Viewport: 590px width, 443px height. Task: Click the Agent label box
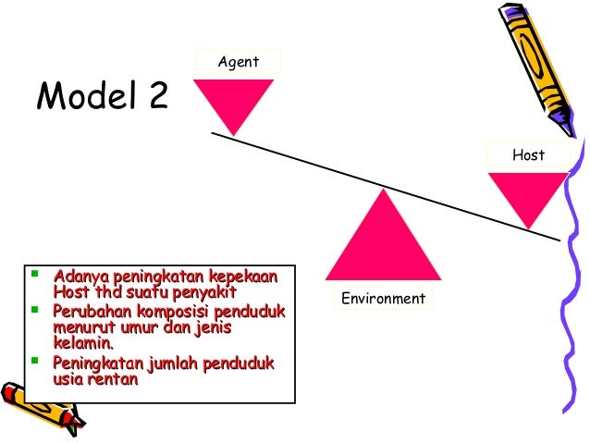click(x=238, y=62)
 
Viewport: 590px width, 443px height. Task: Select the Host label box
click(x=528, y=155)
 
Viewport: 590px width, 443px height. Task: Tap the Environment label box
click(x=383, y=298)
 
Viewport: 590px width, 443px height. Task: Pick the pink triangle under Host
click(x=526, y=194)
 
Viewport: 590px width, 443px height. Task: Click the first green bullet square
click(x=34, y=275)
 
